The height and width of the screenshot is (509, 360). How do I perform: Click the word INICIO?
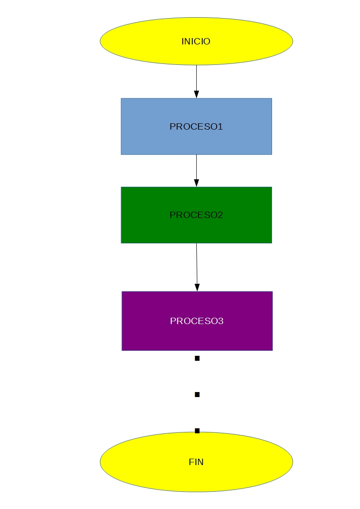click(x=196, y=41)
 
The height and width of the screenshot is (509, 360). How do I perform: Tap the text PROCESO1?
click(x=196, y=126)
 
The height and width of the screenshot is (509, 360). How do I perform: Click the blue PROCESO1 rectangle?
click(x=145, y=141)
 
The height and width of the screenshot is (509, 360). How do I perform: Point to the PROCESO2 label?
click(x=196, y=215)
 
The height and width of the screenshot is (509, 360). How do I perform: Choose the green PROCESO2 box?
click(x=145, y=229)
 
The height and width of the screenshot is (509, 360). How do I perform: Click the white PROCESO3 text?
click(x=197, y=321)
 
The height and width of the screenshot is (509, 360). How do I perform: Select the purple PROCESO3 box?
click(x=145, y=338)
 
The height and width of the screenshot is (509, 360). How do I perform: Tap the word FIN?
click(x=196, y=462)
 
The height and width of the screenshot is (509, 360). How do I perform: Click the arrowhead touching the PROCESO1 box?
click(x=196, y=94)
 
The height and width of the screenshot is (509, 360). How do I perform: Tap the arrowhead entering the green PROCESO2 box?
click(x=196, y=183)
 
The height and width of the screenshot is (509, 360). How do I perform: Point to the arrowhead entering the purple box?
click(x=197, y=287)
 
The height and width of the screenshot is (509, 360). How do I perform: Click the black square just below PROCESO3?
click(x=197, y=359)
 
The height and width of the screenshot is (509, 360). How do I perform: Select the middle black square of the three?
click(x=197, y=395)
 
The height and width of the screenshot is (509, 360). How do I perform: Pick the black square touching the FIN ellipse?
click(x=197, y=431)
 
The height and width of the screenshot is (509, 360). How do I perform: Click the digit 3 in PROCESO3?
click(x=221, y=321)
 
